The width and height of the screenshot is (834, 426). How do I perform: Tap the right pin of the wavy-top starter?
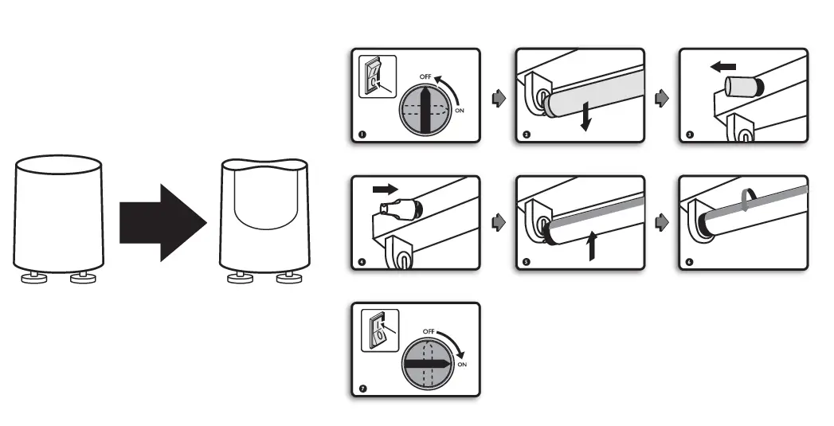point(288,278)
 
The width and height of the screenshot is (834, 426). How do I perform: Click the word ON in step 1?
point(460,111)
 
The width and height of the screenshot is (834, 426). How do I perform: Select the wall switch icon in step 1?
point(376,77)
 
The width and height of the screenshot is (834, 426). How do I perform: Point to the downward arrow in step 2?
point(585,117)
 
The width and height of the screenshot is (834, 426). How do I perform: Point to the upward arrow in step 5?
point(590,246)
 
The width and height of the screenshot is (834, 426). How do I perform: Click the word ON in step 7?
point(461,365)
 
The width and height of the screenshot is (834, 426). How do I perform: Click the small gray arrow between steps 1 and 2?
point(499,99)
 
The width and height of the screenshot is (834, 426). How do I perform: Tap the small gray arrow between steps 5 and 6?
point(661,224)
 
